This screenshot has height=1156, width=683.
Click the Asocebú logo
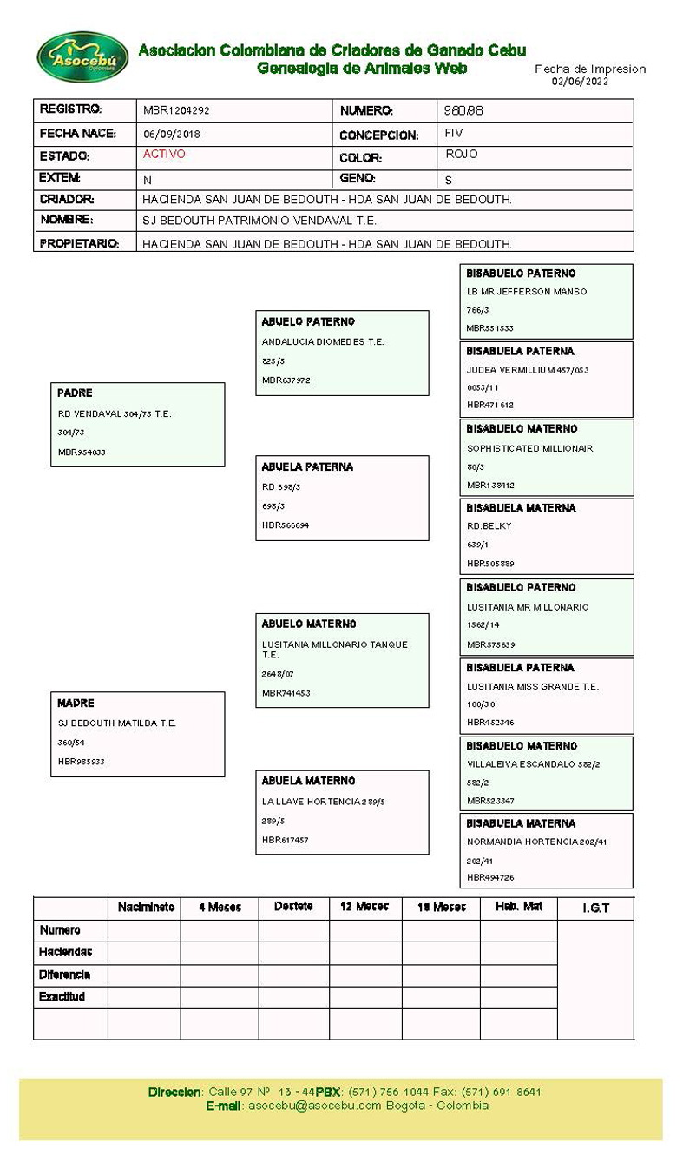(x=82, y=57)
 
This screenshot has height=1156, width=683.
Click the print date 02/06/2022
(x=580, y=82)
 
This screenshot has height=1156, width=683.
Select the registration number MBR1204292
(x=176, y=111)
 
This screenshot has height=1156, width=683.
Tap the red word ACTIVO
(x=164, y=155)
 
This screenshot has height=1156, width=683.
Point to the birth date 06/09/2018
(x=171, y=135)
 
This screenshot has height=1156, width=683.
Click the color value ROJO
(x=461, y=155)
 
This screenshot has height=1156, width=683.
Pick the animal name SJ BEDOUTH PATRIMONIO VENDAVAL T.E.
(x=259, y=221)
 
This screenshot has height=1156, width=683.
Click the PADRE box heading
(x=75, y=393)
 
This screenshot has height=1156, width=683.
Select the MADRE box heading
(x=76, y=704)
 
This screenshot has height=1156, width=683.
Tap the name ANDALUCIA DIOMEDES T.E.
(x=322, y=342)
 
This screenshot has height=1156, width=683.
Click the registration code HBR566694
(x=285, y=525)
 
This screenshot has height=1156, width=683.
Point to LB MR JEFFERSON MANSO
(x=526, y=292)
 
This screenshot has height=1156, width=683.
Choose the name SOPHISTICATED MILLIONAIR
(x=529, y=449)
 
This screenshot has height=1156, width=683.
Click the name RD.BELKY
(x=489, y=526)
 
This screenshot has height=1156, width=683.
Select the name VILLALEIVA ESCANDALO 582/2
(x=533, y=765)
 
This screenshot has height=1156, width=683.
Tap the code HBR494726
(x=490, y=878)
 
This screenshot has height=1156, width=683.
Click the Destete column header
(x=293, y=907)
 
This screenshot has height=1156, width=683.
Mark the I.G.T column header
(x=595, y=908)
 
